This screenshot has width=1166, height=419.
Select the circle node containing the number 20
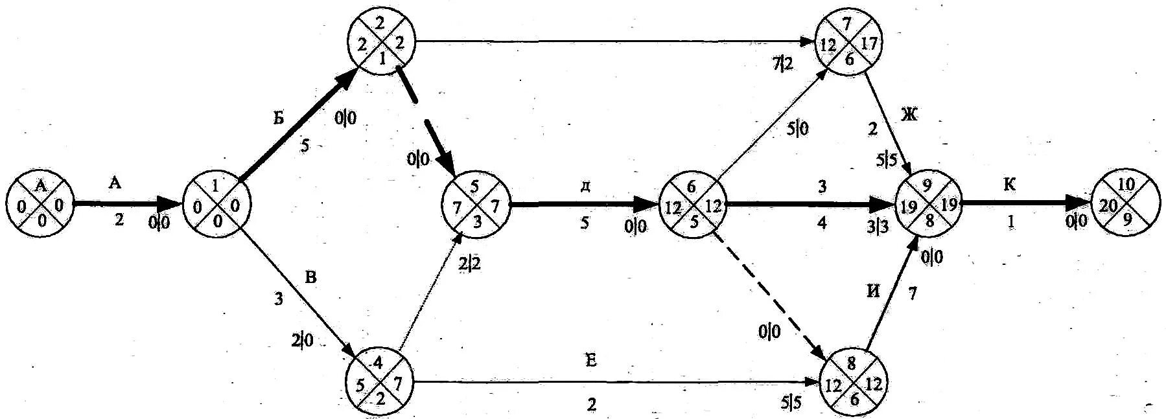point(1126,205)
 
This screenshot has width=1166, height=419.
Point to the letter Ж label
point(909,115)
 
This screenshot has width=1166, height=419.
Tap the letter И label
point(873,291)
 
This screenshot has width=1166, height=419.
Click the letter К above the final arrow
point(1010,185)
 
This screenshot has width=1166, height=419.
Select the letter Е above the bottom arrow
point(590,361)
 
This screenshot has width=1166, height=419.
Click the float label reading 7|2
point(782,64)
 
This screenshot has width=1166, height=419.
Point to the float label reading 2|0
point(302,340)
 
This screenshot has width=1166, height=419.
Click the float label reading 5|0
point(798,129)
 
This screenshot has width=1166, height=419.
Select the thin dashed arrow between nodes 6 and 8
point(767,292)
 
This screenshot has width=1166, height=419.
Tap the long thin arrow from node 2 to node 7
point(609,42)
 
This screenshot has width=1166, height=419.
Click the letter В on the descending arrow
point(311,278)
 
